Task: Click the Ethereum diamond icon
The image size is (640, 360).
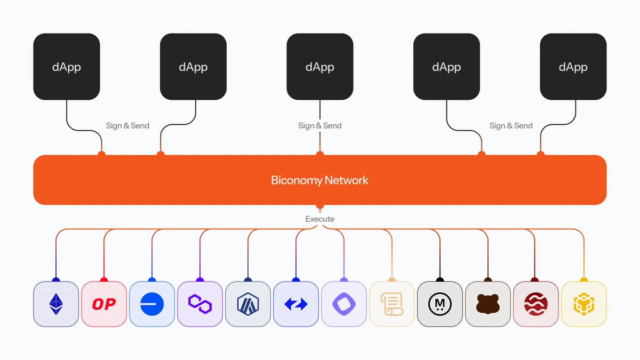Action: tap(56, 304)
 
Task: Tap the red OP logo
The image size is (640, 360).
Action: tap(104, 304)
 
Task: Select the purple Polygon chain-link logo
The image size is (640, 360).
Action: tap(200, 304)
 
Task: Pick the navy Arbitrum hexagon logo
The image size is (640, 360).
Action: tap(248, 304)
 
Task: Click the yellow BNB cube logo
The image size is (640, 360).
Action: tap(584, 304)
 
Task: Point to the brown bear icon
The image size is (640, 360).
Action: tap(488, 304)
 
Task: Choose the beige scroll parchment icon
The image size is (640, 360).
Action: tap(392, 304)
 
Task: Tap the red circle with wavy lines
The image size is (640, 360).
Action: tap(535, 304)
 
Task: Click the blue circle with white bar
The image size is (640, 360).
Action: tap(152, 304)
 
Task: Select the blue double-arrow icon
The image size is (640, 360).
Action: tap(296, 304)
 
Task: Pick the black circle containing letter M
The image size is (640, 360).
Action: tap(440, 304)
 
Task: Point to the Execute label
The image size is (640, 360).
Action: tap(320, 219)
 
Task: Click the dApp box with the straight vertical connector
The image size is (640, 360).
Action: tap(320, 67)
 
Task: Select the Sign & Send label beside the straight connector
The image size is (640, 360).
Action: tap(320, 126)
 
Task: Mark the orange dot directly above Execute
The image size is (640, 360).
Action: tap(320, 206)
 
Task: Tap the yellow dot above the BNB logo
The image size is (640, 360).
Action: tap(584, 280)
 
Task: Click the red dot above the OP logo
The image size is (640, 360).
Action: tap(104, 280)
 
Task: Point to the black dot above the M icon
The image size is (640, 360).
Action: tap(440, 280)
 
